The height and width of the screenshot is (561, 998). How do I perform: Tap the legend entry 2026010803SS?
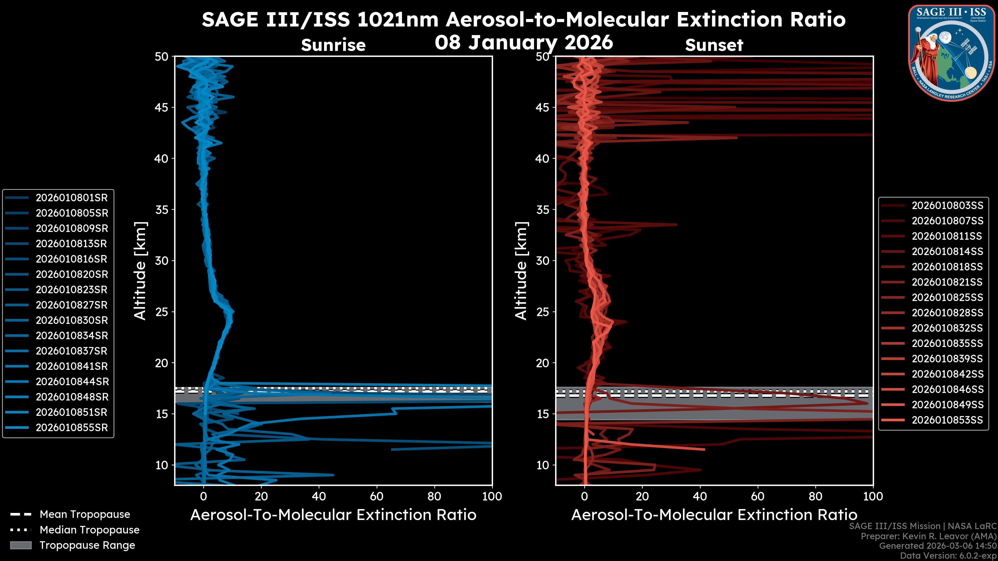947,206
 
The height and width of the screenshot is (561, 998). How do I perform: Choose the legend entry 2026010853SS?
947,420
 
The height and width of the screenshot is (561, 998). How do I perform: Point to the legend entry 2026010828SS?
947,313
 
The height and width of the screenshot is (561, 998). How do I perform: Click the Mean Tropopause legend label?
84,515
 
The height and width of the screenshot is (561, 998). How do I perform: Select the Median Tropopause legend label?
89,530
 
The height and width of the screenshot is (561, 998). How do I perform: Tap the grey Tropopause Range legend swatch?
21,545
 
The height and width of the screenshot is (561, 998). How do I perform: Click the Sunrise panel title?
333,45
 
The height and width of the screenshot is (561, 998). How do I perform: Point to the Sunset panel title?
714,45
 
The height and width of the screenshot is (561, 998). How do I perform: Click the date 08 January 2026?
524,43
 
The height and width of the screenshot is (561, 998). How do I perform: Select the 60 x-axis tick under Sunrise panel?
377,496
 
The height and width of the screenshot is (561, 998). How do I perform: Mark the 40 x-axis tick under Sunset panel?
700,496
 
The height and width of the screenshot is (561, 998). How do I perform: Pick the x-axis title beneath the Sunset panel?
714,515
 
